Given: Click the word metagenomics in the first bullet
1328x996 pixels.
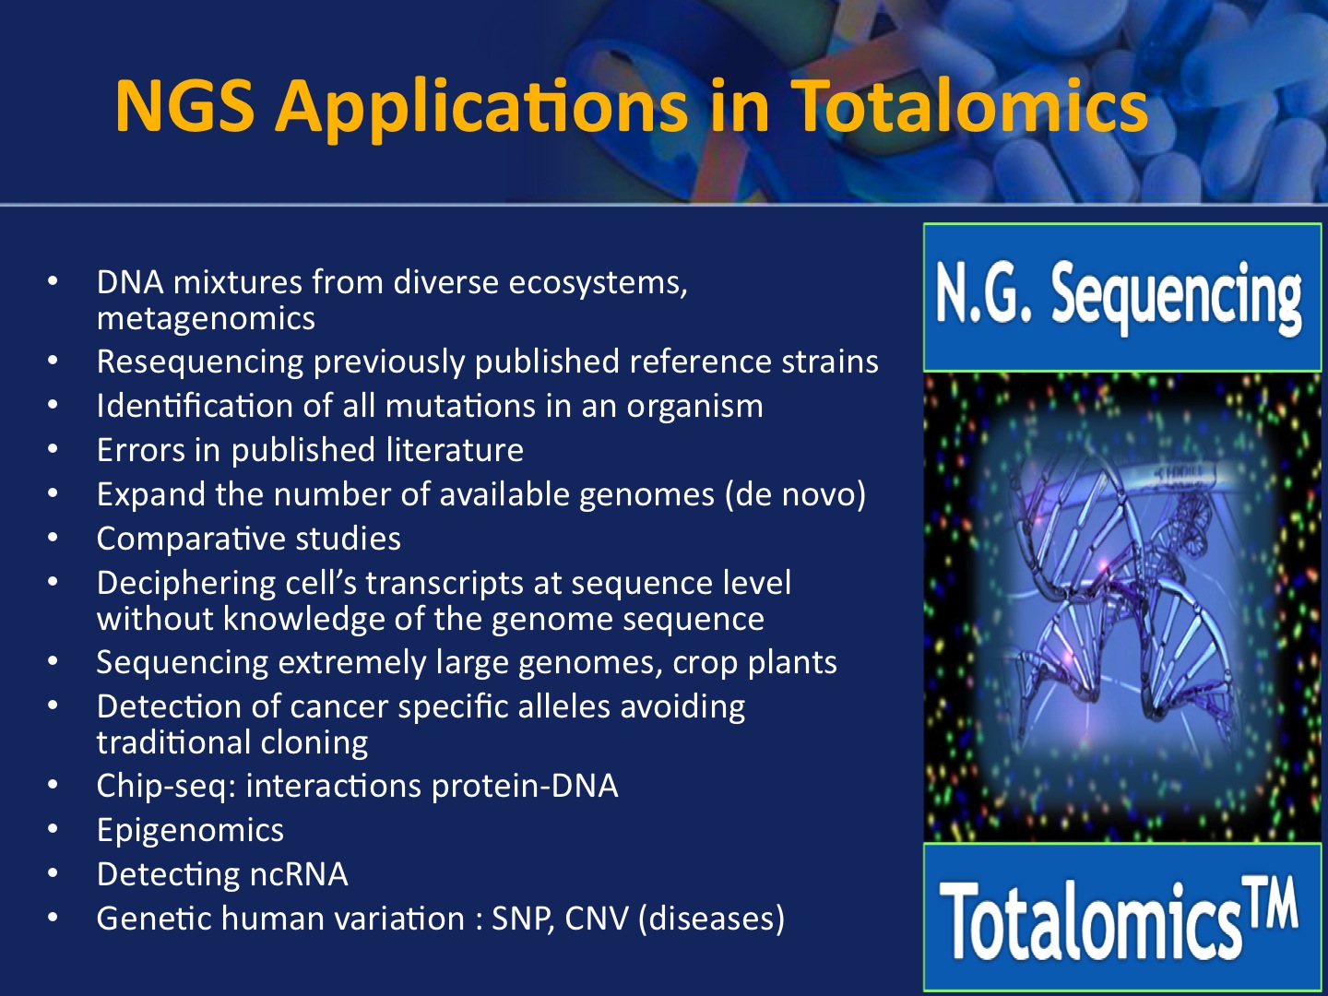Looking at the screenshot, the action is point(206,319).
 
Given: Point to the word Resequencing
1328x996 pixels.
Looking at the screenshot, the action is point(200,362).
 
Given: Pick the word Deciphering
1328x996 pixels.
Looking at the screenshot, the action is point(186,584).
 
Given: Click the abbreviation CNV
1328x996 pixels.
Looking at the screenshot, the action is point(597,919).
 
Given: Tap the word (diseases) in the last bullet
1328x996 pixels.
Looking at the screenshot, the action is point(711,919).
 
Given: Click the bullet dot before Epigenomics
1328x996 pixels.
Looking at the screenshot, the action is point(53,829).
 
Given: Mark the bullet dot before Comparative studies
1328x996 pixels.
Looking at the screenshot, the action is point(53,537).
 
